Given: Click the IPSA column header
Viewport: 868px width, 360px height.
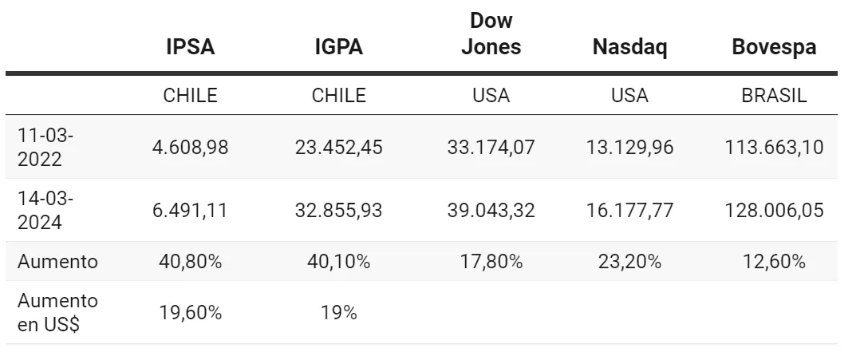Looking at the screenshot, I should (x=190, y=47).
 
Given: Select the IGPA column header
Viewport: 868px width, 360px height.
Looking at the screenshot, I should (x=338, y=47).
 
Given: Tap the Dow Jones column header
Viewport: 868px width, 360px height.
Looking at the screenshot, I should (x=491, y=34).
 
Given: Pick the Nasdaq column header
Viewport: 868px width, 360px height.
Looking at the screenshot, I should (x=629, y=47).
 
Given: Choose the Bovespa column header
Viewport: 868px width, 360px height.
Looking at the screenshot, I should (x=773, y=47).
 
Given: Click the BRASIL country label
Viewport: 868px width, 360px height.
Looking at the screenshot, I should (x=773, y=96).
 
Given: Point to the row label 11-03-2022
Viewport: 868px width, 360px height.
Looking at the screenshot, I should (x=45, y=147).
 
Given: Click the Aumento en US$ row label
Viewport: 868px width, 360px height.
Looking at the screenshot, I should (x=58, y=313).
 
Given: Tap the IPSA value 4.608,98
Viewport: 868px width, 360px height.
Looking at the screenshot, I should (x=190, y=147).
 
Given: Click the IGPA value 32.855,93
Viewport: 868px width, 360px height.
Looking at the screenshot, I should (x=338, y=211).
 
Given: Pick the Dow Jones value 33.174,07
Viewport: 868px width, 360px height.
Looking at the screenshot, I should (x=491, y=147).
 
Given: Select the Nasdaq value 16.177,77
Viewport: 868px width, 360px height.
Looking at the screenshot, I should (x=629, y=211).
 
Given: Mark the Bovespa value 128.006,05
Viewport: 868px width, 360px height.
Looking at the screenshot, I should (x=773, y=211).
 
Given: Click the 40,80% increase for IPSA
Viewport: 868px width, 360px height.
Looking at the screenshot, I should (x=190, y=262).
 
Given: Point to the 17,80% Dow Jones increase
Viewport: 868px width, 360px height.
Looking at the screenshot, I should (x=491, y=262).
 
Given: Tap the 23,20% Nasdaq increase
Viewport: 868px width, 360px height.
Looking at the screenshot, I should (x=629, y=262).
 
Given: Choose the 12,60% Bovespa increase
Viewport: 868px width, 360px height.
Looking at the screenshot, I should (x=773, y=262).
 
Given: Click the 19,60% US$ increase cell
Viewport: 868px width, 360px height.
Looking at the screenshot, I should (x=190, y=313).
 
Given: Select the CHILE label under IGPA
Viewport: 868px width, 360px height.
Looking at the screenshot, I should (x=338, y=96).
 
